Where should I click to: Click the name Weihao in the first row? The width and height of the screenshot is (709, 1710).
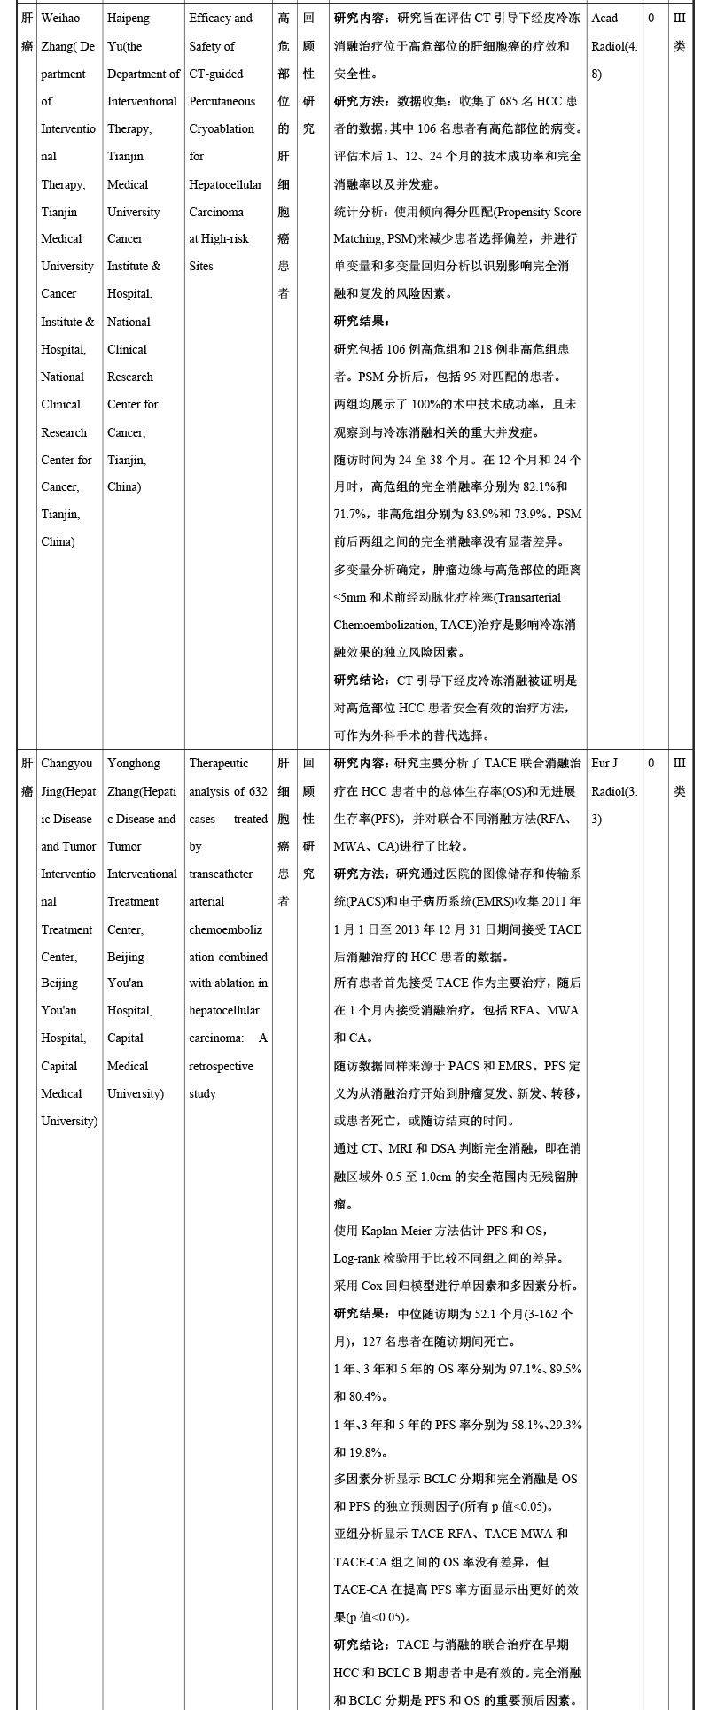click(60, 19)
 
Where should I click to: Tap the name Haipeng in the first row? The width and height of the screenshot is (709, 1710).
click(129, 19)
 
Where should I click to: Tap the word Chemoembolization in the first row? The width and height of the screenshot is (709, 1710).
click(387, 626)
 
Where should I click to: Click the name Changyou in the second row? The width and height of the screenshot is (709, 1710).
click(66, 764)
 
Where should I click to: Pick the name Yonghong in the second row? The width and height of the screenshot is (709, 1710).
click(134, 764)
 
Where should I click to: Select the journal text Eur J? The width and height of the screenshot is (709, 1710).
click(604, 764)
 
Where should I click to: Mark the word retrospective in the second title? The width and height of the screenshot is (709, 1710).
click(221, 1067)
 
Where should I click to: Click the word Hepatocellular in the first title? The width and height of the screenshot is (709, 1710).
click(225, 185)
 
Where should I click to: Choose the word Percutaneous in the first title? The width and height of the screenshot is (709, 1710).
click(222, 102)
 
